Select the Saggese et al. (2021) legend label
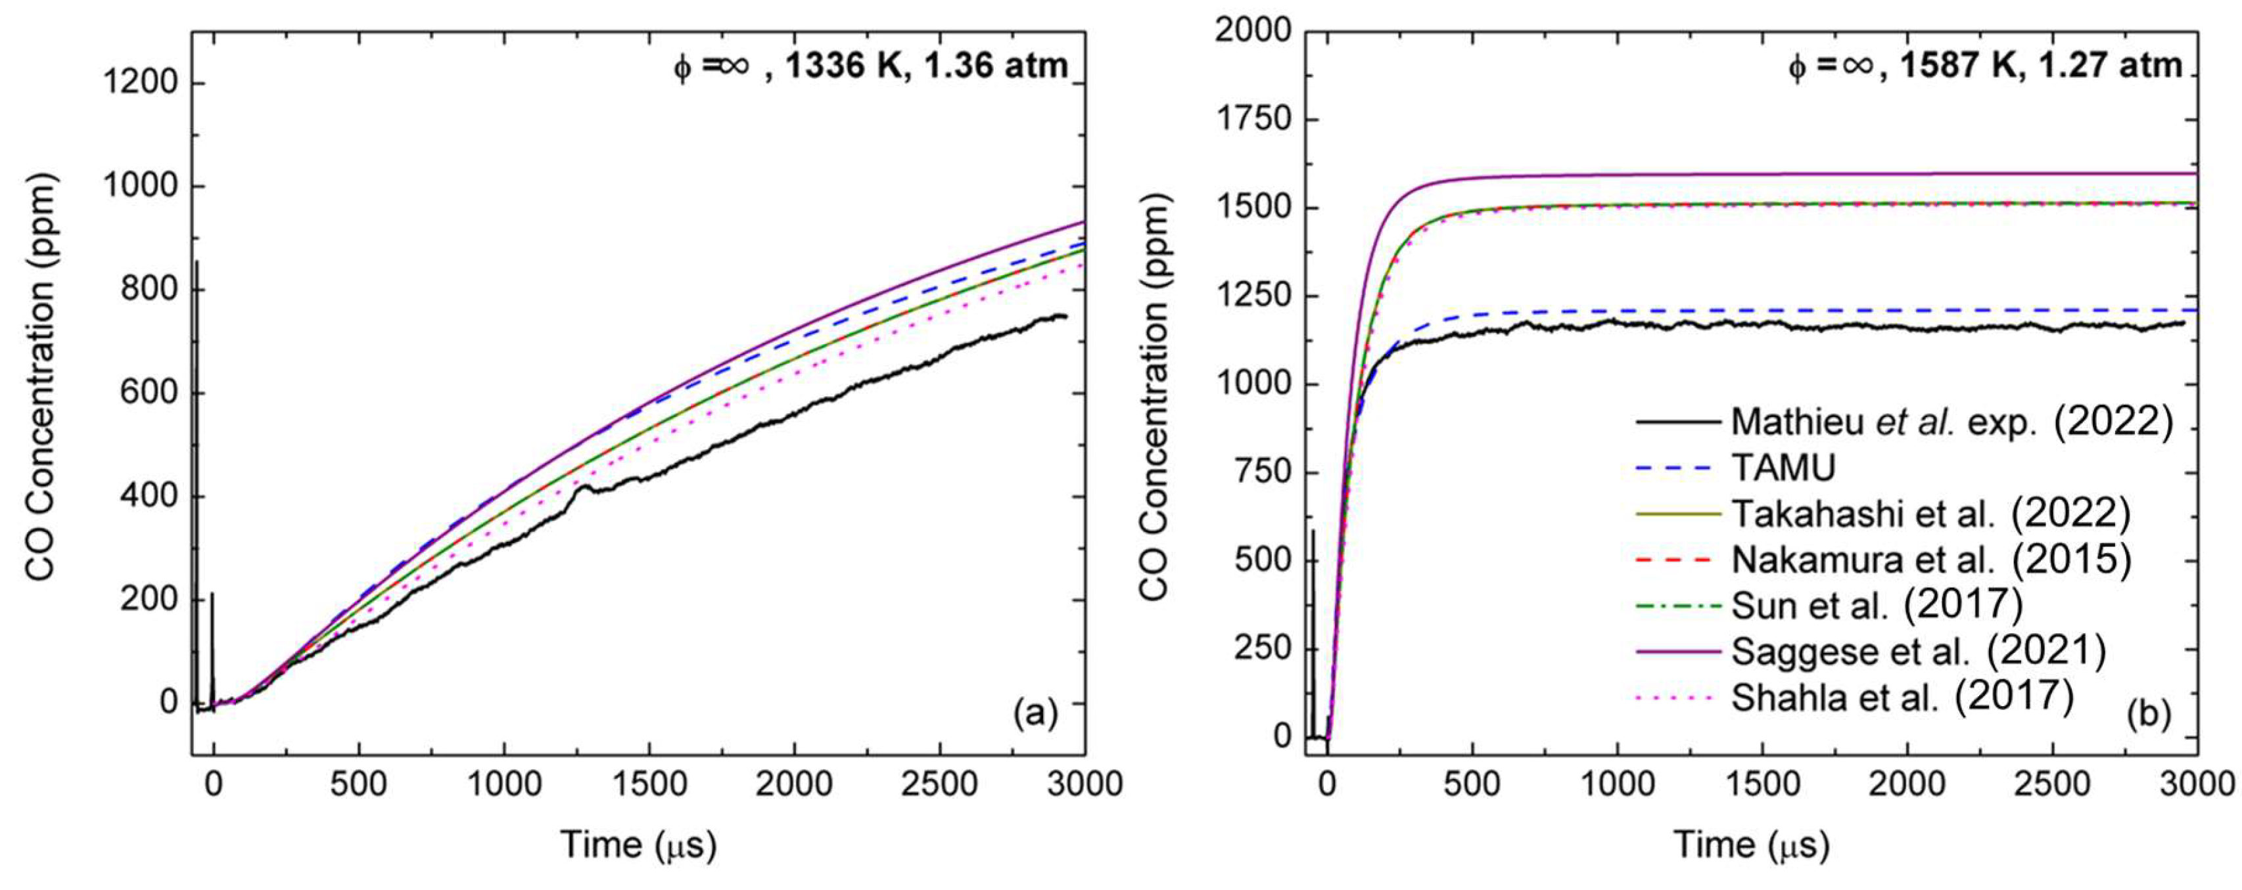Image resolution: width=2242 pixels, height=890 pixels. pyautogui.click(x=1917, y=651)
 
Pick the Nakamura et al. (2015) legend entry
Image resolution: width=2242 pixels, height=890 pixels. pyautogui.click(x=1930, y=560)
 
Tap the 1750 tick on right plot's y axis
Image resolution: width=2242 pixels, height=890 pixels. pyautogui.click(x=1253, y=119)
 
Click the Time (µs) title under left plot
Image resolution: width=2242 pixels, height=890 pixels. pyautogui.click(x=638, y=844)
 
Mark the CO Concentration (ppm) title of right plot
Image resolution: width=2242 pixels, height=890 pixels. pyautogui.click(x=1154, y=396)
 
